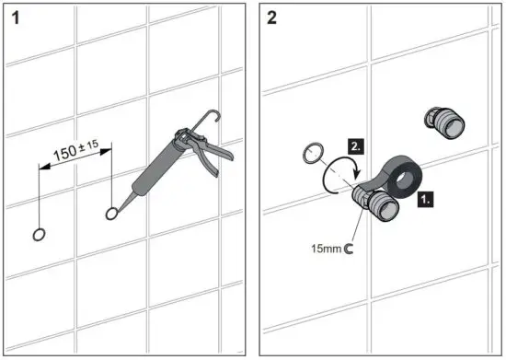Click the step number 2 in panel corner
tap(272, 18)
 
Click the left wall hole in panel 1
tap(39, 233)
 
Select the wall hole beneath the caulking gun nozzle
tap(112, 214)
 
